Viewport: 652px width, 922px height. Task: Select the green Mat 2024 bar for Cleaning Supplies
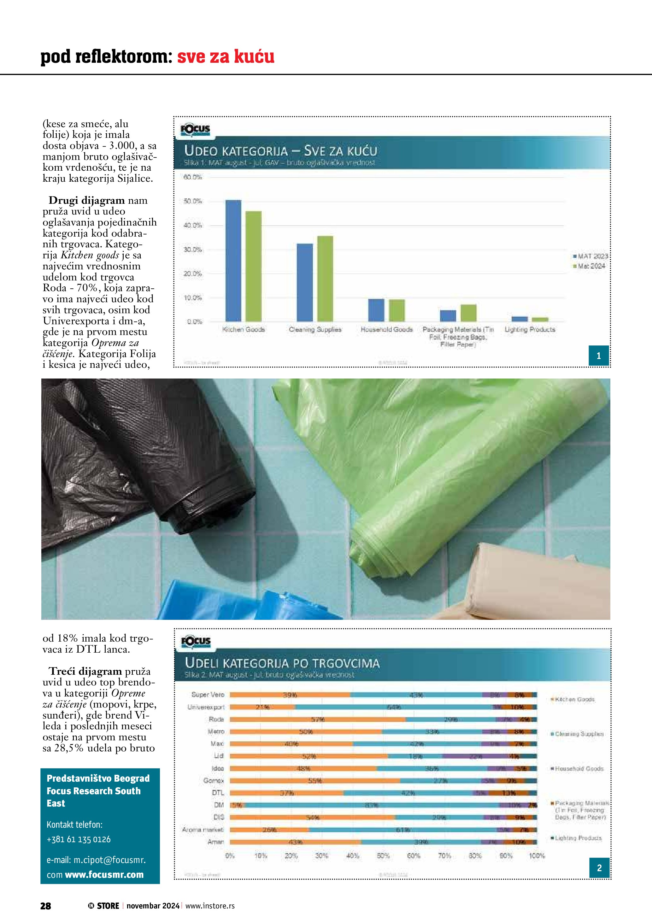pos(325,279)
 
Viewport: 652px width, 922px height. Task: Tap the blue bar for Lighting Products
pos(520,319)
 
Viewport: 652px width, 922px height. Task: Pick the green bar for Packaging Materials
pos(468,313)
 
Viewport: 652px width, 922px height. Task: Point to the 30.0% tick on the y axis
pos(193,250)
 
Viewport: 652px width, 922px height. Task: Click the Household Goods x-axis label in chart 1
pos(386,330)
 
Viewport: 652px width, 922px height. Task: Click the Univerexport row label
pos(206,707)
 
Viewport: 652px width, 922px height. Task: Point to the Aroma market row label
pos(203,830)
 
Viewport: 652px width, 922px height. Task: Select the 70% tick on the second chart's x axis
pos(444,856)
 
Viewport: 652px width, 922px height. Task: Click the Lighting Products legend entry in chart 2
pos(578,838)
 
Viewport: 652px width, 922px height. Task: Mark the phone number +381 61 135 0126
pos(79,839)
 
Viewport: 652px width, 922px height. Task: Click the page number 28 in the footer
pos(46,906)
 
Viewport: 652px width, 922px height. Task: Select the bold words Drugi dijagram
pos(86,200)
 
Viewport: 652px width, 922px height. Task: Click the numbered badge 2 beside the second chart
pos(599,868)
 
